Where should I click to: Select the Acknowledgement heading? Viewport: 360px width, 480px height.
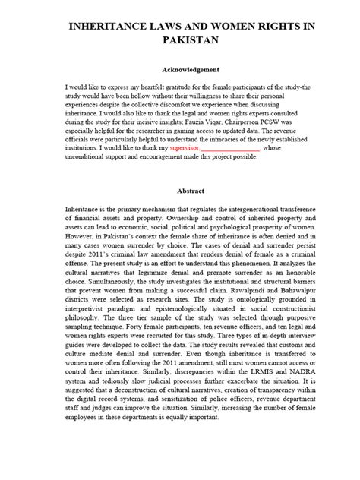[180, 69]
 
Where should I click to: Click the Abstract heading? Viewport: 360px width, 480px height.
[180, 191]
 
